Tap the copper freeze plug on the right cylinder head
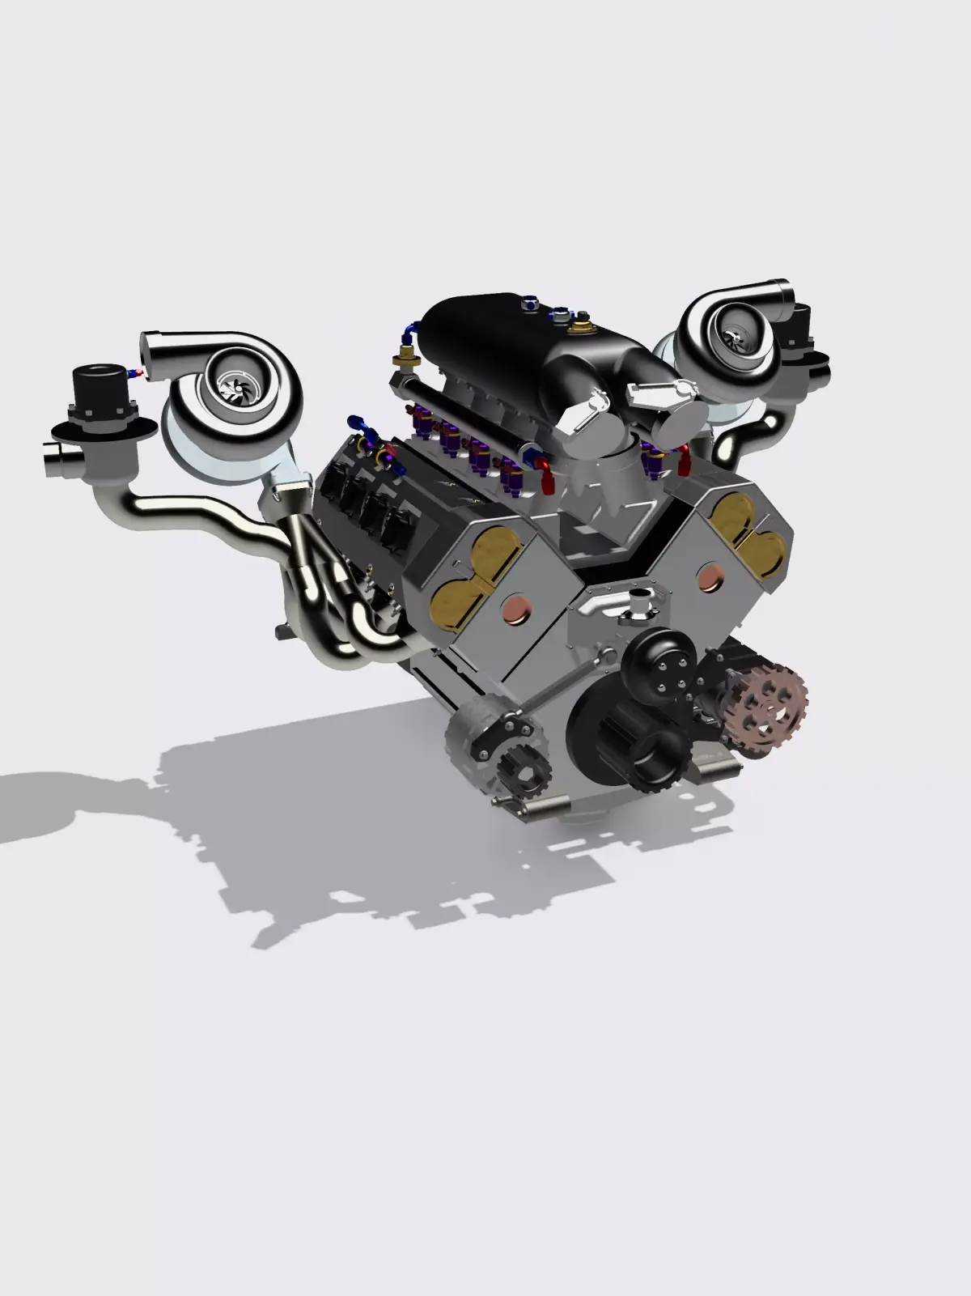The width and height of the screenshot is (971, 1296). click(709, 577)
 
